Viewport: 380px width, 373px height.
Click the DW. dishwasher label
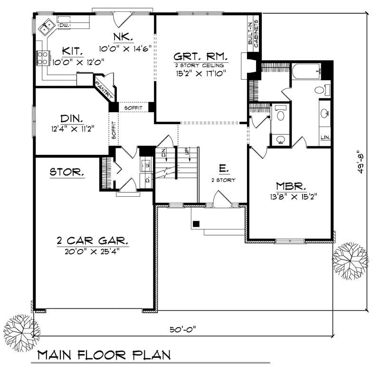click(x=65, y=25)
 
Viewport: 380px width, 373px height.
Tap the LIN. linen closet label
click(x=325, y=138)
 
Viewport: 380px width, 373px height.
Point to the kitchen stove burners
click(x=42, y=57)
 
